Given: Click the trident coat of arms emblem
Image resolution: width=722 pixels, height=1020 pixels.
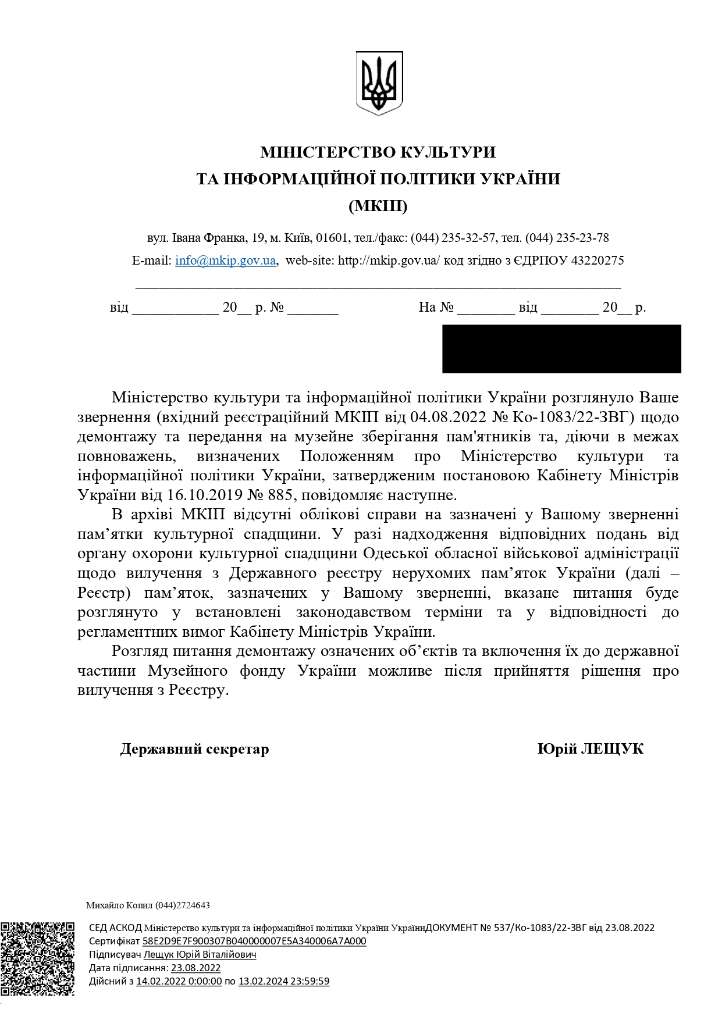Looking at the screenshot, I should pyautogui.click(x=379, y=83).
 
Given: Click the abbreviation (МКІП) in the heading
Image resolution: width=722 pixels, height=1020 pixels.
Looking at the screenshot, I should pyautogui.click(x=378, y=206).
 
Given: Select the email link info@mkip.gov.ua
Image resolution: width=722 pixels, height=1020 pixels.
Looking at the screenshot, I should pyautogui.click(x=225, y=261).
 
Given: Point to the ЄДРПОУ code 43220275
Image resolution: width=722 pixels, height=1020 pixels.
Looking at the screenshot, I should pyautogui.click(x=597, y=261).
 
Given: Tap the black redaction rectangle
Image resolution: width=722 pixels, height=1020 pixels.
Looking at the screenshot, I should pyautogui.click(x=561, y=348).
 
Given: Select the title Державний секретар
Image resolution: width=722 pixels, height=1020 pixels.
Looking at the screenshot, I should pyautogui.click(x=194, y=749).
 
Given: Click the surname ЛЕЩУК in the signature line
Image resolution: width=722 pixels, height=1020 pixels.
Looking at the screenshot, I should pyautogui.click(x=612, y=749).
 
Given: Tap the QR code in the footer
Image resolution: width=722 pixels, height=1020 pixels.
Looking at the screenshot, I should pyautogui.click(x=37, y=958).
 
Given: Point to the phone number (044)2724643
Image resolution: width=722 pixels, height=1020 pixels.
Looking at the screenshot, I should pyautogui.click(x=182, y=905).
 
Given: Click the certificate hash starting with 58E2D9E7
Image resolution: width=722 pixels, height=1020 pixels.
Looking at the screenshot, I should pyautogui.click(x=254, y=941).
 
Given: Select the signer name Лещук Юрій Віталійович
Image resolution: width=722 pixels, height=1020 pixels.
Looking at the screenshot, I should pyautogui.click(x=200, y=955).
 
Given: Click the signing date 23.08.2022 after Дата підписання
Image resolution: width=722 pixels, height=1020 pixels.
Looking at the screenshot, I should pyautogui.click(x=195, y=968).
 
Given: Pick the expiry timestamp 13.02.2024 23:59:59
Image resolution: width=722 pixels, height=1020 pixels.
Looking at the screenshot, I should pyautogui.click(x=284, y=982).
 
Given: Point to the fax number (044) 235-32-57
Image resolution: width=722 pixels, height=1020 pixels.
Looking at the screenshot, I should pyautogui.click(x=453, y=238).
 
